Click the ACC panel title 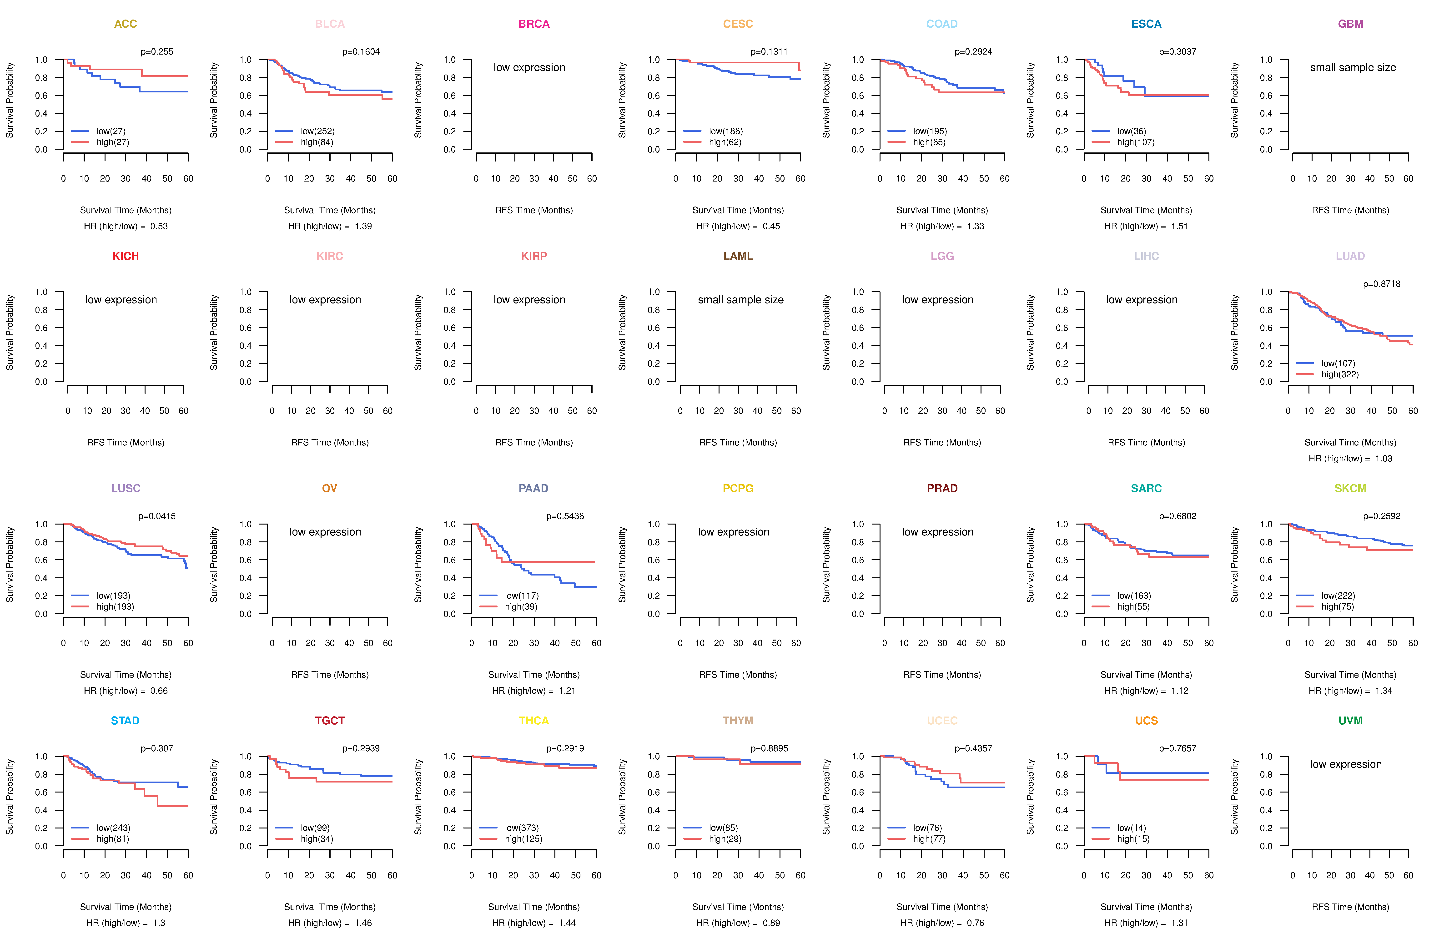click(126, 24)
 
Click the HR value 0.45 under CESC click(771, 226)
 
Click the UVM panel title click(1350, 721)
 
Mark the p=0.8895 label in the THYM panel click(769, 748)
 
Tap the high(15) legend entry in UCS click(1133, 839)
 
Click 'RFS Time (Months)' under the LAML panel click(738, 443)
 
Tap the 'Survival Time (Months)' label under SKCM click(1350, 675)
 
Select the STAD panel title click(125, 721)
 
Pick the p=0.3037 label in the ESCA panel click(1177, 52)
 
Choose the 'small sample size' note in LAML click(740, 300)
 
